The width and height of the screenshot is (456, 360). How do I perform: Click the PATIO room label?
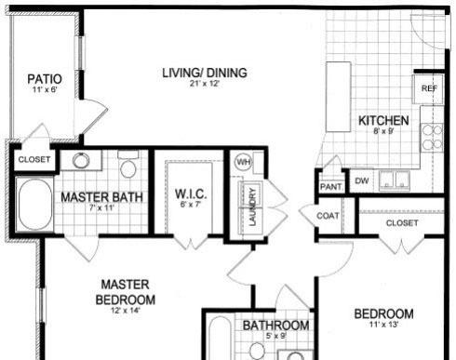[45, 79]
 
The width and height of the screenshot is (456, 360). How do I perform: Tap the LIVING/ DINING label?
[205, 73]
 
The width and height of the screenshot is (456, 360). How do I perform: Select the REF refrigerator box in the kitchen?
[428, 89]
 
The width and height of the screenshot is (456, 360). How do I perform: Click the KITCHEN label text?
[383, 121]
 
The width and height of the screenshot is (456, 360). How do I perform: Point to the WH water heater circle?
[244, 162]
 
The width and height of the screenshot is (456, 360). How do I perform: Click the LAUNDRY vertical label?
[253, 207]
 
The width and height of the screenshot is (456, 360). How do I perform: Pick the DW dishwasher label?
[361, 181]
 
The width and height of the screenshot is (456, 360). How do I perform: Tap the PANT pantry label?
[331, 187]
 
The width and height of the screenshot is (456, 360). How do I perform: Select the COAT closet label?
[328, 216]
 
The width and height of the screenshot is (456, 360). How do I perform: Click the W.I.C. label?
[191, 194]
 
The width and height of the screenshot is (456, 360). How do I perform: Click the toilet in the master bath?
[128, 164]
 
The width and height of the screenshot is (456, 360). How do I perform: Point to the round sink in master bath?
[80, 160]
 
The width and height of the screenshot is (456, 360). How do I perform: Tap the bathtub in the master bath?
[34, 205]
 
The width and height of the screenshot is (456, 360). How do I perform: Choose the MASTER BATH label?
[101, 197]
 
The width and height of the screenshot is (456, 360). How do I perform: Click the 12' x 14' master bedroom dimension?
[126, 310]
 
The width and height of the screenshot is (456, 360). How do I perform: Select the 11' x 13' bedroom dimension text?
[383, 325]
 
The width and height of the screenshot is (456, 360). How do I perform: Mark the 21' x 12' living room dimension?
[205, 84]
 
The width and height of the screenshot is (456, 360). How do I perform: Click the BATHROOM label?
[275, 326]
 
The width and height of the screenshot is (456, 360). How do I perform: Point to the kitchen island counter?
[339, 97]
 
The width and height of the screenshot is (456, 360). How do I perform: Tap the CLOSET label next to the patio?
[34, 160]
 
